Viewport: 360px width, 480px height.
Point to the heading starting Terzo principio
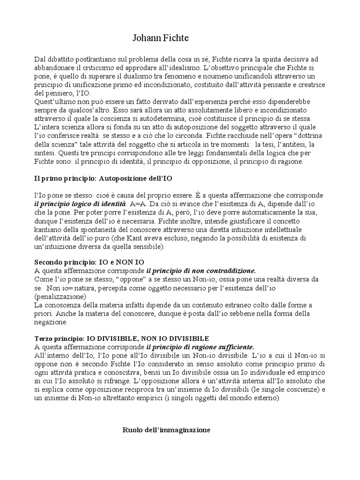point(121,338)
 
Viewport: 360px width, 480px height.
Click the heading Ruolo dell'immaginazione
point(166,429)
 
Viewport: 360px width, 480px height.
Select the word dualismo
point(147,76)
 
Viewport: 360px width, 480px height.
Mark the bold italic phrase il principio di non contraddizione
point(202,270)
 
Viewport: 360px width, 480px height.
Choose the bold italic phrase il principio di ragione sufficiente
point(200,347)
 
